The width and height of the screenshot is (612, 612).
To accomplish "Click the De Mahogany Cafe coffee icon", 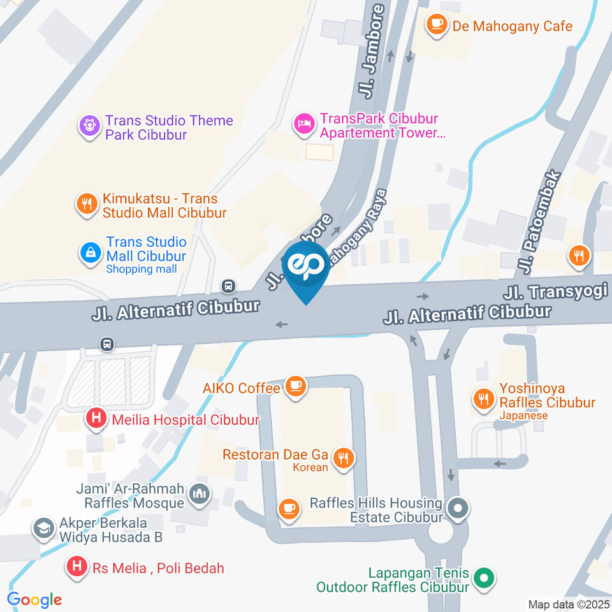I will point(437,25).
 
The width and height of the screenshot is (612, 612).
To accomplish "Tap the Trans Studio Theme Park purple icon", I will point(90,125).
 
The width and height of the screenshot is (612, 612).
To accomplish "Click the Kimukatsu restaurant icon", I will point(86,204).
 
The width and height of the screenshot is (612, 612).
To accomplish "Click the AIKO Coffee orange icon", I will point(295,386).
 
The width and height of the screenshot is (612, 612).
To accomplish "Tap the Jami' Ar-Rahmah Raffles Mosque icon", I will point(200,494).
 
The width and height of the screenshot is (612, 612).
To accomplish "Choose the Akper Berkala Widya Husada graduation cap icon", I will point(43,528).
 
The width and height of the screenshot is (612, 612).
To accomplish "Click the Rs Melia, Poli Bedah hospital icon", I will point(77,566).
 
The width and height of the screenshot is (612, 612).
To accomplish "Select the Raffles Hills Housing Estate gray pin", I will point(458,509).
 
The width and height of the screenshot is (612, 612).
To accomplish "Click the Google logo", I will point(34,599).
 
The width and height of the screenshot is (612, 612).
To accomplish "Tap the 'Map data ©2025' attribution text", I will point(569,604).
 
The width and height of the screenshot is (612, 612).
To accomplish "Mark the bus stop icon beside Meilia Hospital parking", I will point(108,344).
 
